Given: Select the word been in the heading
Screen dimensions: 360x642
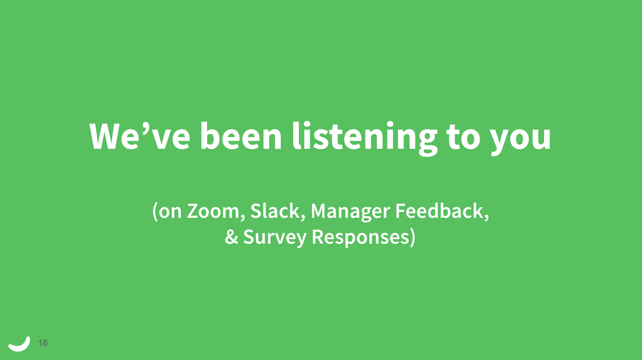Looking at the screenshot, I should [241, 136].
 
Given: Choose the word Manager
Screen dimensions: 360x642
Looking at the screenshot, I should [350, 212].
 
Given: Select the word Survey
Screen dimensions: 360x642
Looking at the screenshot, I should [275, 238].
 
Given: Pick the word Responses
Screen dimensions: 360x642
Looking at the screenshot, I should [360, 238].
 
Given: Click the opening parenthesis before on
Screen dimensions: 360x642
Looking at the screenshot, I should [155, 212].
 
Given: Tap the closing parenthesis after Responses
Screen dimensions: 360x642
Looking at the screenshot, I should [413, 238].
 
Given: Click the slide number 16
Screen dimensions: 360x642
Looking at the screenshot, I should [43, 343].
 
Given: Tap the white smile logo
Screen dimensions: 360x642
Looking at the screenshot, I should [19, 344].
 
